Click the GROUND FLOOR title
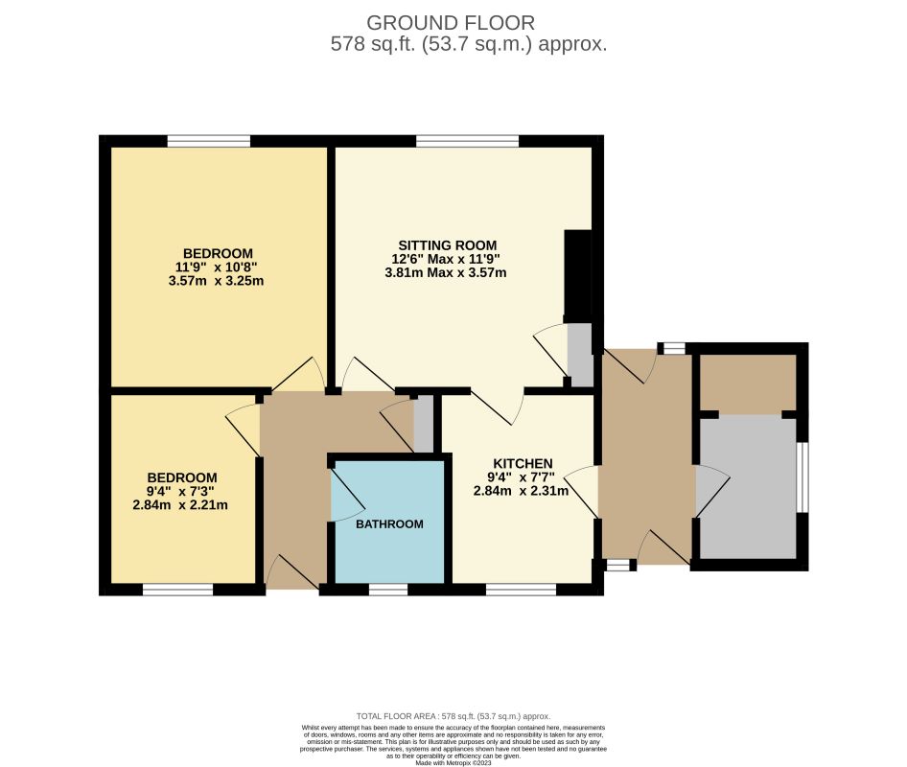452,21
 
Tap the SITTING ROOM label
449,244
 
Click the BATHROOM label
389,524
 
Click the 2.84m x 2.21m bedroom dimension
180,505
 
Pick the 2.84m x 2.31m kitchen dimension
521,491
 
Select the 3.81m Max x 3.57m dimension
446,272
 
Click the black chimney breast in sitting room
577,274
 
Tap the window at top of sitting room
468,141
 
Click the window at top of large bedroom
208,141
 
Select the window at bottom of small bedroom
177,590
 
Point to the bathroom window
387,590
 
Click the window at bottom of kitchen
521,590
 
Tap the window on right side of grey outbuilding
803,477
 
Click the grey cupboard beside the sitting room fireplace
580,352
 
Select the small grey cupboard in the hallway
423,423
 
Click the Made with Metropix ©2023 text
453,762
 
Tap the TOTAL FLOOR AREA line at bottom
453,716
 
